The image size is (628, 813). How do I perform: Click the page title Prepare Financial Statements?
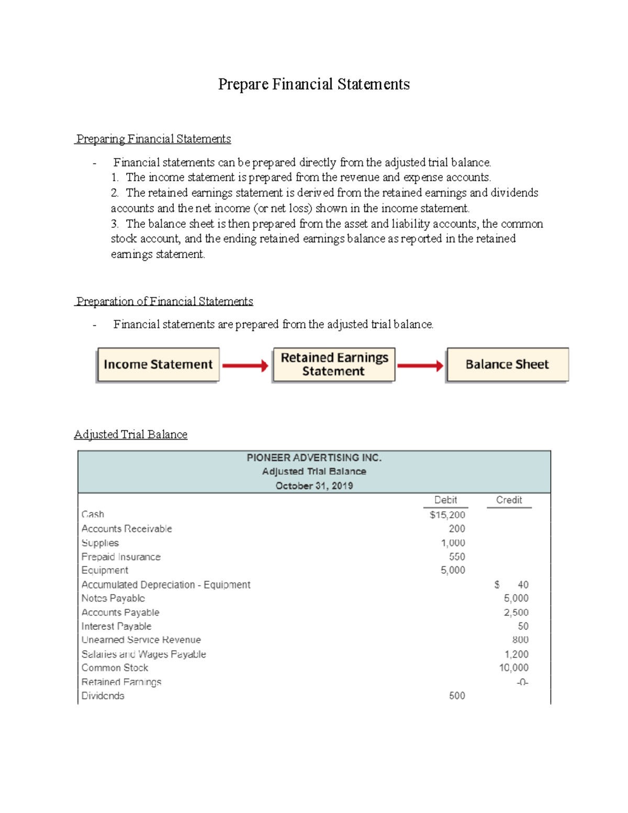click(313, 84)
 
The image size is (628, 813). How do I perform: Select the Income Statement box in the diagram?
click(158, 364)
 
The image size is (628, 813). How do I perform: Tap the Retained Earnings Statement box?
click(334, 364)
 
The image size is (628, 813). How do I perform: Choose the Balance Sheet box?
click(507, 364)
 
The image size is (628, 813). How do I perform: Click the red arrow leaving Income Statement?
click(245, 365)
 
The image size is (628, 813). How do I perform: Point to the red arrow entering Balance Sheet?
click(420, 365)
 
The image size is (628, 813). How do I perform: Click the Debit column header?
click(445, 500)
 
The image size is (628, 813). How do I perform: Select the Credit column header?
click(509, 500)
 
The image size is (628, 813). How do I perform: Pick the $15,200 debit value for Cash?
click(447, 515)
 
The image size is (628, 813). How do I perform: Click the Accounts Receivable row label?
click(127, 529)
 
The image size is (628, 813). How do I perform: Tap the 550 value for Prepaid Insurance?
click(456, 556)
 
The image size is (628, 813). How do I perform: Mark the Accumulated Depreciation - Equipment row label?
click(166, 584)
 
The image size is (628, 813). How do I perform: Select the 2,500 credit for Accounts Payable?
click(516, 612)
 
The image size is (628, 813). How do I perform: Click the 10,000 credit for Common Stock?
click(513, 667)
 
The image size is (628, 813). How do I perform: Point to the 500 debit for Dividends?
click(456, 696)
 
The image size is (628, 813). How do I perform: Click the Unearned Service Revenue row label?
click(141, 640)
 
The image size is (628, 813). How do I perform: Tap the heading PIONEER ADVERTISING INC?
click(314, 458)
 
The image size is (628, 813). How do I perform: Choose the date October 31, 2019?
click(314, 486)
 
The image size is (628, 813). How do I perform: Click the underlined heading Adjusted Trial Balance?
click(131, 435)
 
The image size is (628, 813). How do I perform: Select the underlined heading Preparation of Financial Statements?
click(164, 302)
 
